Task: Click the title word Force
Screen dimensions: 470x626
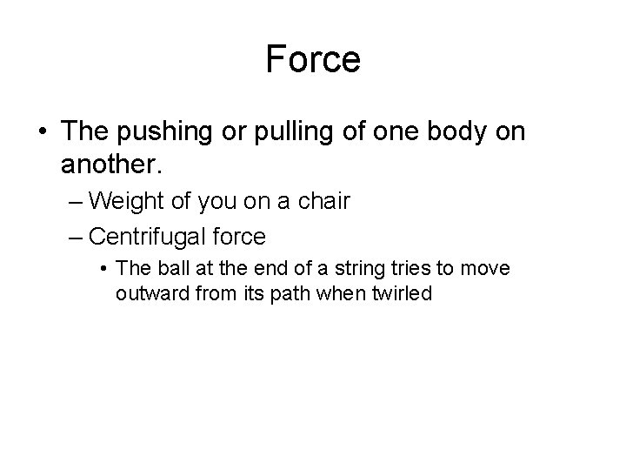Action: [313, 60]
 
